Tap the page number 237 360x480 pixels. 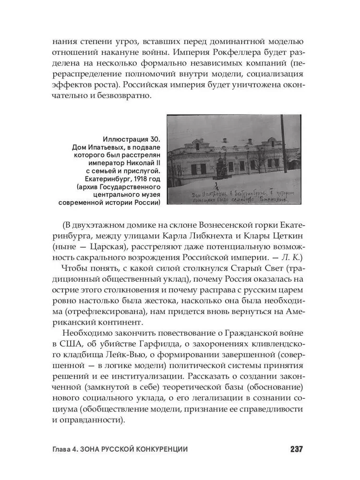[x=296, y=449]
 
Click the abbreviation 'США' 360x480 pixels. [x=73, y=345]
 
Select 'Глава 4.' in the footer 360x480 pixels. [x=67, y=449]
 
